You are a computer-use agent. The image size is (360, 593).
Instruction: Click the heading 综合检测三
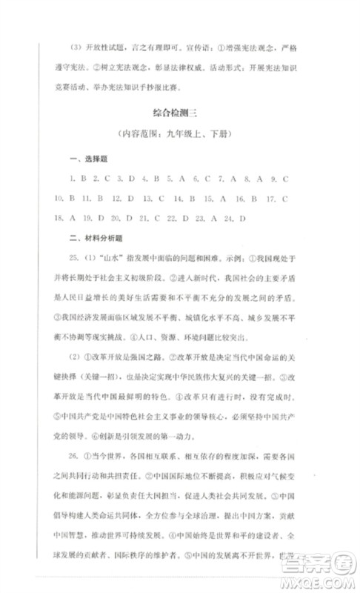[x=180, y=113]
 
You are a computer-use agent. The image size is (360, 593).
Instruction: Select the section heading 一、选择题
[x=84, y=160]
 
